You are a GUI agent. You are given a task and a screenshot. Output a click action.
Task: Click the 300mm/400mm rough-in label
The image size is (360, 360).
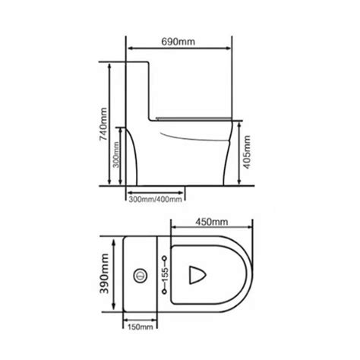coord(155,200)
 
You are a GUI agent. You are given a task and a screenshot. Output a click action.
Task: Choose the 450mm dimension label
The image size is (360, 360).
coord(209,222)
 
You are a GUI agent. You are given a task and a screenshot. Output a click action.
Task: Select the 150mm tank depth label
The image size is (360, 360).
coord(141,327)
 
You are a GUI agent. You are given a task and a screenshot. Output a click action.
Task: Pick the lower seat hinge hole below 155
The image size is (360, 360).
coord(166,292)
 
